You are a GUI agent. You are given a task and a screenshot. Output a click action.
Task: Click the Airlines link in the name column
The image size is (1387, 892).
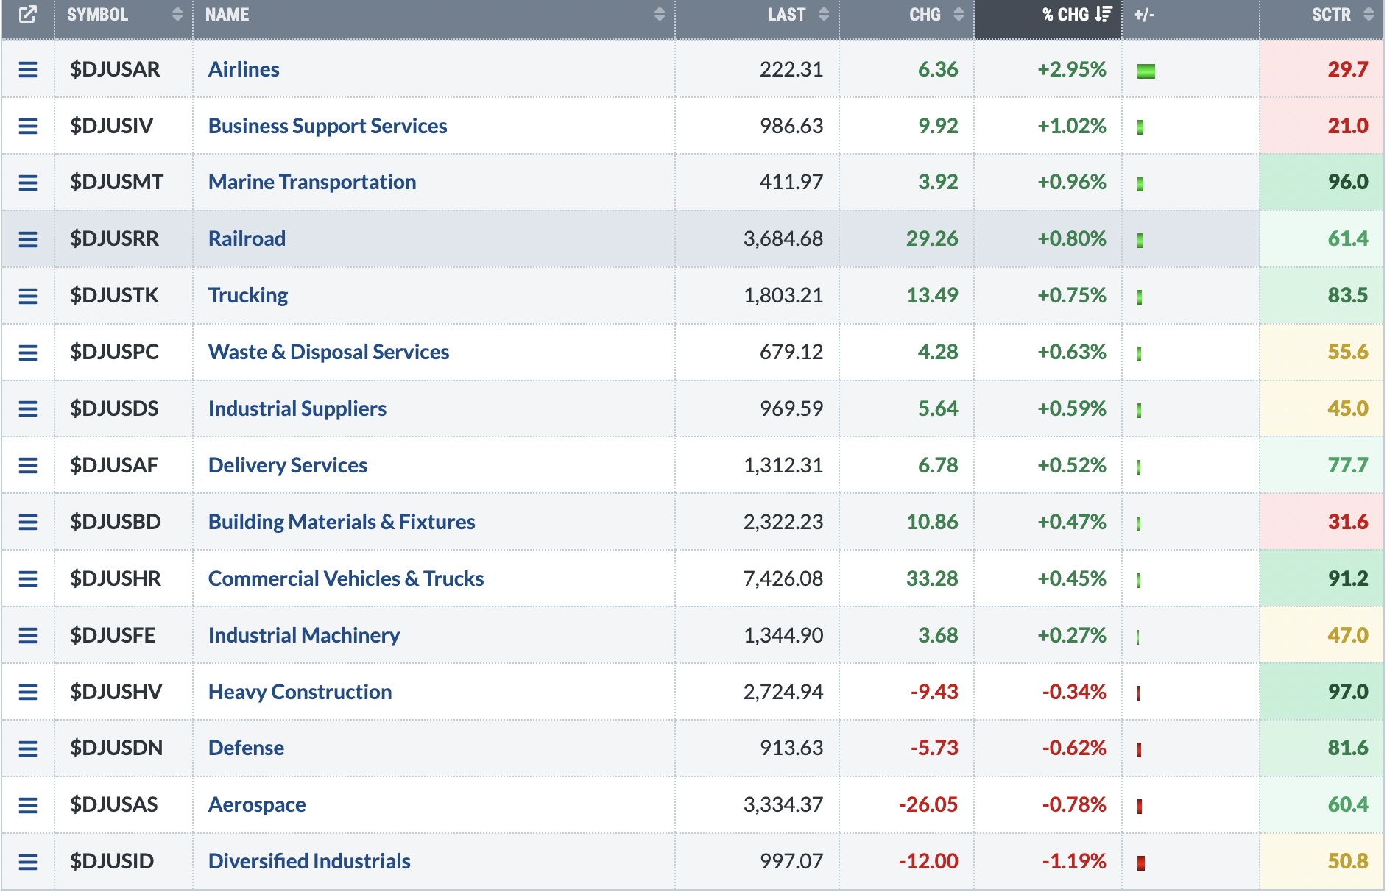pyautogui.click(x=244, y=69)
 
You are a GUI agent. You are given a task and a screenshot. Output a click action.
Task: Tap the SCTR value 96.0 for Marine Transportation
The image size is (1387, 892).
pyautogui.click(x=1348, y=182)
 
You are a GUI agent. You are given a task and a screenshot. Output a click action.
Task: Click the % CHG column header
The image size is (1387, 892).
pyautogui.click(x=1065, y=15)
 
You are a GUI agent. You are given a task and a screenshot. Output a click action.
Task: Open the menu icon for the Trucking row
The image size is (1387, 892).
pyautogui.click(x=28, y=296)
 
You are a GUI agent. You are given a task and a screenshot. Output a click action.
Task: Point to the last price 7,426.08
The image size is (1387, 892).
pyautogui.click(x=783, y=578)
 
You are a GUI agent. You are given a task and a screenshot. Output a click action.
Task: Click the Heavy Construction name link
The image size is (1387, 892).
pyautogui.click(x=300, y=692)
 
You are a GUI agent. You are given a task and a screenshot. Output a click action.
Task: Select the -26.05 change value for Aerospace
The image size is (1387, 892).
pyautogui.click(x=928, y=804)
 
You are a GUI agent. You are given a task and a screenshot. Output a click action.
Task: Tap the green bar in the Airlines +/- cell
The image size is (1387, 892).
pyautogui.click(x=1146, y=71)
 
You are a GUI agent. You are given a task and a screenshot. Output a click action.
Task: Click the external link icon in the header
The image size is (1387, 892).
pyautogui.click(x=27, y=15)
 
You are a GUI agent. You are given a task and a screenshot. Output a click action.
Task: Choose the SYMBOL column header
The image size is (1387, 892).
pyautogui.click(x=97, y=15)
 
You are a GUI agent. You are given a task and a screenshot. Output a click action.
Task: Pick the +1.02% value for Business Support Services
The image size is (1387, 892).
pyautogui.click(x=1072, y=126)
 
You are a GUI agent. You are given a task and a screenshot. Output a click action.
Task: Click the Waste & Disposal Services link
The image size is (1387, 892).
pyautogui.click(x=328, y=352)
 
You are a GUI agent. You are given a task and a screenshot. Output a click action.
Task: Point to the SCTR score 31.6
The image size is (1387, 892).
pyautogui.click(x=1348, y=522)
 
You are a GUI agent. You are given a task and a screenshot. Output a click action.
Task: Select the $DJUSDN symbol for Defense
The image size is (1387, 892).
pyautogui.click(x=116, y=748)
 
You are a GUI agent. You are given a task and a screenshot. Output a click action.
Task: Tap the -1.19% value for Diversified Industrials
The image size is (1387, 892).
pyautogui.click(x=1074, y=861)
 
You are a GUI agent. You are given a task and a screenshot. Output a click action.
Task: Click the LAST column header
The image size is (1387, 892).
pyautogui.click(x=786, y=15)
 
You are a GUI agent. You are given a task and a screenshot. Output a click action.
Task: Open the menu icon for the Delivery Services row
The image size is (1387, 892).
pyautogui.click(x=28, y=466)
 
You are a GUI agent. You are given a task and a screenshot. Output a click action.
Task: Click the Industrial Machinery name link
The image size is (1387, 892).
pyautogui.click(x=304, y=635)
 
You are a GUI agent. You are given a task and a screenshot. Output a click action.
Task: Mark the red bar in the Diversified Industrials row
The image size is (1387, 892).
pyautogui.click(x=1141, y=863)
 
